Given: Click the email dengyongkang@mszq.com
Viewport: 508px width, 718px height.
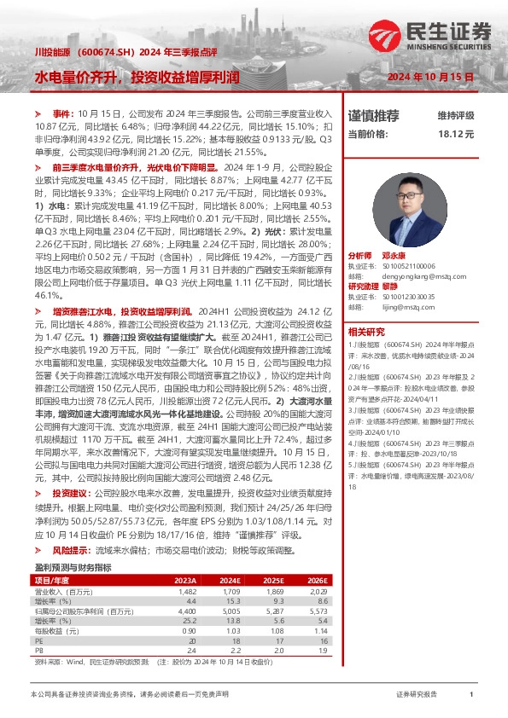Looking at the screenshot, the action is pyautogui.click(x=409, y=276).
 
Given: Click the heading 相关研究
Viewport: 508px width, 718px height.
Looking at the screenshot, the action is pyautogui.click(x=366, y=332).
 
